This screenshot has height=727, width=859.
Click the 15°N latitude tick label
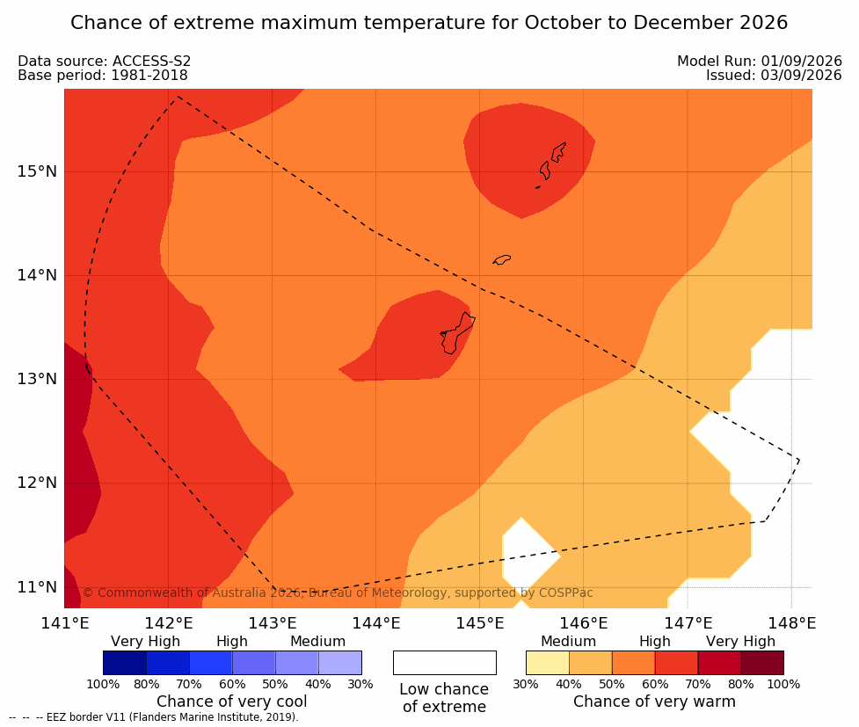(37, 171)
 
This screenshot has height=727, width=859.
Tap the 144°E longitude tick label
(375, 623)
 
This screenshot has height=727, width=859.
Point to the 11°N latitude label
(37, 587)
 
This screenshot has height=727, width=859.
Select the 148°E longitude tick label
(791, 623)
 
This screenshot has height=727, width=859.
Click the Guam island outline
(457, 333)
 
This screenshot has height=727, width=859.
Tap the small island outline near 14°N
(502, 259)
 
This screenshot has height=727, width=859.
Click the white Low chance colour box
(445, 663)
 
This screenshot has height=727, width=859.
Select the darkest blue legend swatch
(125, 663)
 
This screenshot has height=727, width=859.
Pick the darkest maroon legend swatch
(762, 663)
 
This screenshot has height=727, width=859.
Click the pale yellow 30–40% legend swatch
(548, 663)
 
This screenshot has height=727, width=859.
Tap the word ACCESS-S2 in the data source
(152, 62)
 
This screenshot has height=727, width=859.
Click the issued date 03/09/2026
(801, 75)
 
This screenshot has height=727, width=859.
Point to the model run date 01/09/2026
(801, 62)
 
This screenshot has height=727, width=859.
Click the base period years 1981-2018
(149, 75)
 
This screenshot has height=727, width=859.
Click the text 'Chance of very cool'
(232, 702)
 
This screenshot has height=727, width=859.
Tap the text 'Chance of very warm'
(655, 702)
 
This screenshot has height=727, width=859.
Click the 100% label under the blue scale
(103, 684)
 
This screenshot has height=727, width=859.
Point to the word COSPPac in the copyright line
(566, 593)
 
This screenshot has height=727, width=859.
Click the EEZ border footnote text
(154, 717)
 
